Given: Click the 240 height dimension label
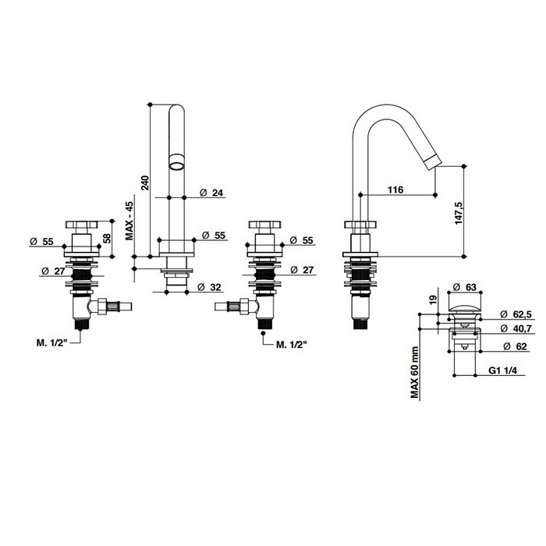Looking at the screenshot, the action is coord(145,183).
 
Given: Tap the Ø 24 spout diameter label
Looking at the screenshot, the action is coord(211,193).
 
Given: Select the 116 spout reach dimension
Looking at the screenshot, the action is coord(395,190).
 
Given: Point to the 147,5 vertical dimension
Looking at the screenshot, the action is coord(459,212).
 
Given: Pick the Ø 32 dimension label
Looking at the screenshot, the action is coord(209,287).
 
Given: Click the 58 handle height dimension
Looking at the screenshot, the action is coord(107,238).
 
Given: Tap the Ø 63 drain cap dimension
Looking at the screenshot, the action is coord(464,287).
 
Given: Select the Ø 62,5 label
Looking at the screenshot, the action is coord(516,314).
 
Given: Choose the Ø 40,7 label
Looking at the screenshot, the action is coord(516,328).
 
